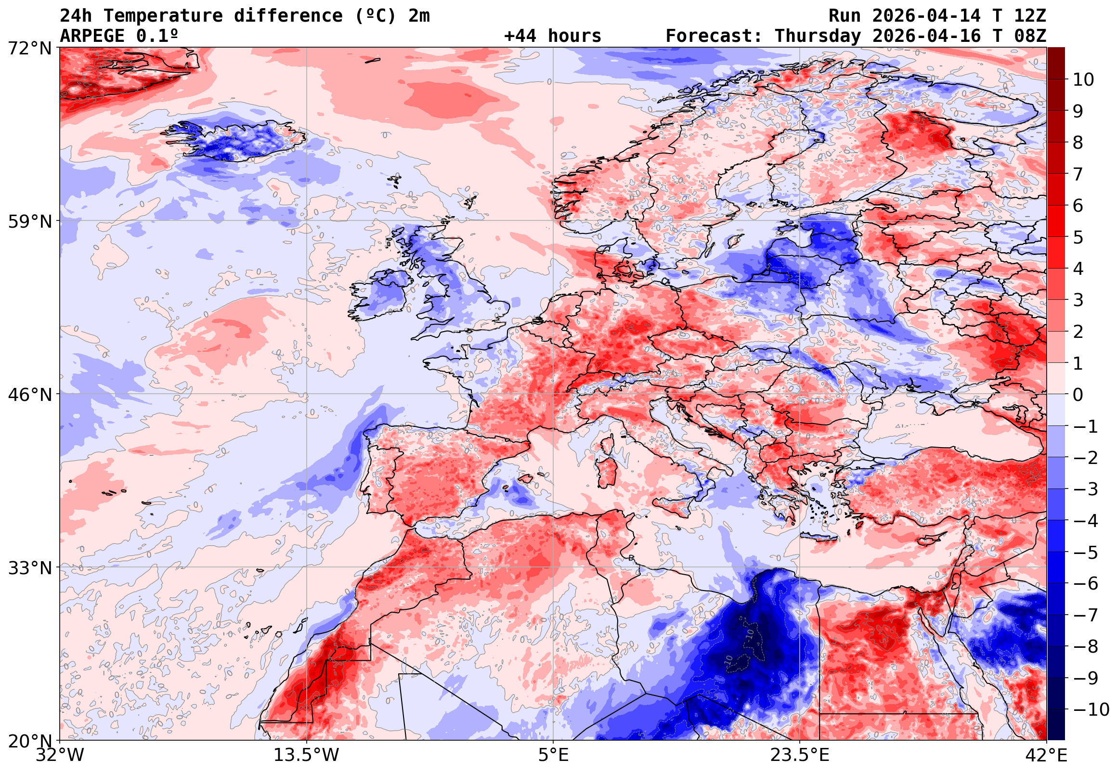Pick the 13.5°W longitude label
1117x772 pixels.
[x=306, y=755]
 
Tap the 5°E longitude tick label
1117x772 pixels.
[x=553, y=755]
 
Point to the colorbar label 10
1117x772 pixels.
[x=1083, y=80]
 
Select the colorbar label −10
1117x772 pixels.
[x=1091, y=709]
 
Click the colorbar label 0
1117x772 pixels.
[x=1078, y=395]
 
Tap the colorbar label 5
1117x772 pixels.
[x=1078, y=237]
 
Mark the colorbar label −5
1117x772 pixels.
[x=1086, y=553]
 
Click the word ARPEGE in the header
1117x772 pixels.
[x=92, y=36]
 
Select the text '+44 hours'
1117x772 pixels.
[x=552, y=36]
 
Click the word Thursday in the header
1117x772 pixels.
[x=818, y=36]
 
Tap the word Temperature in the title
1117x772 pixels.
[x=163, y=16]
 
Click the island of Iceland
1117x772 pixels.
[x=237, y=140]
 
